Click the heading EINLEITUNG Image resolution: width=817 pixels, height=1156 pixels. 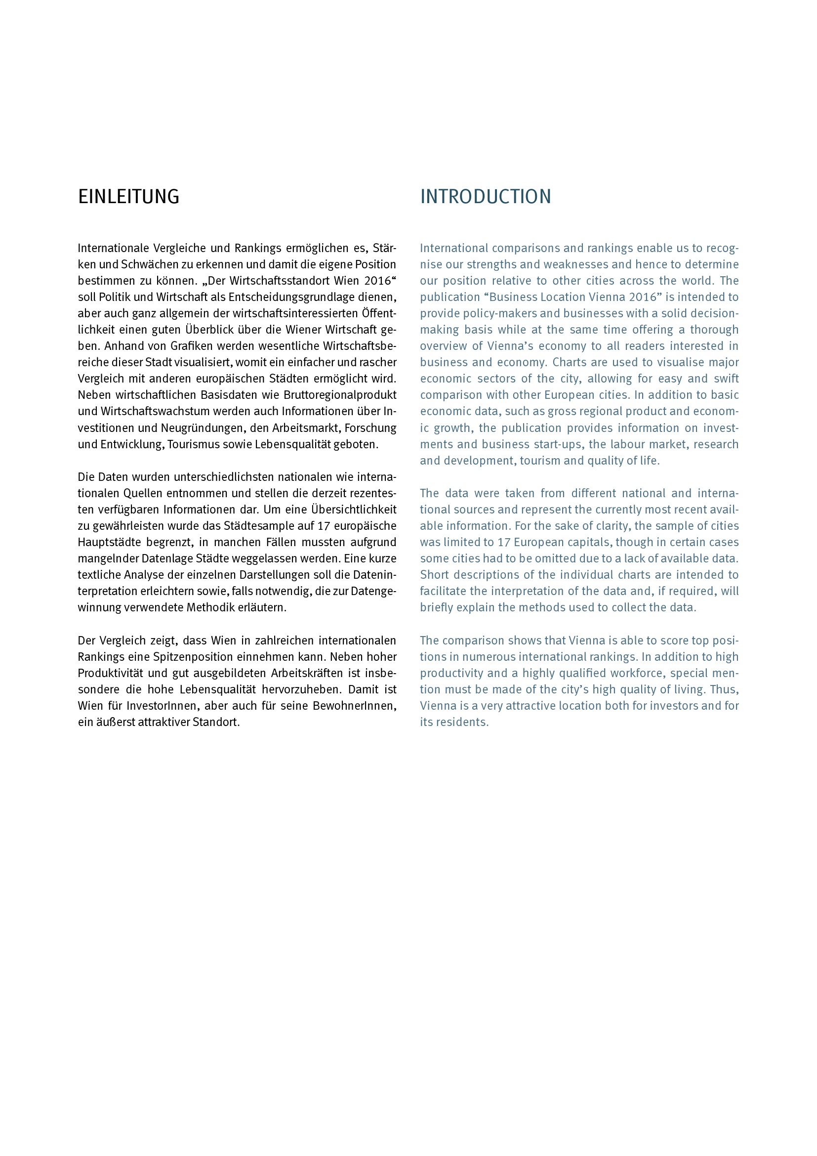click(128, 197)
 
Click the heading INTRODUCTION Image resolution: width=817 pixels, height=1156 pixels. click(486, 197)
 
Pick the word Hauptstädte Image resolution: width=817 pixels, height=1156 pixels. click(109, 542)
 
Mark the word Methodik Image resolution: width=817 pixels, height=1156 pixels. click(211, 607)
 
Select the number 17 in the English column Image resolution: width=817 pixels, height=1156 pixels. click(504, 542)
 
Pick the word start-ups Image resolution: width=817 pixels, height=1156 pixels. click(557, 444)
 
